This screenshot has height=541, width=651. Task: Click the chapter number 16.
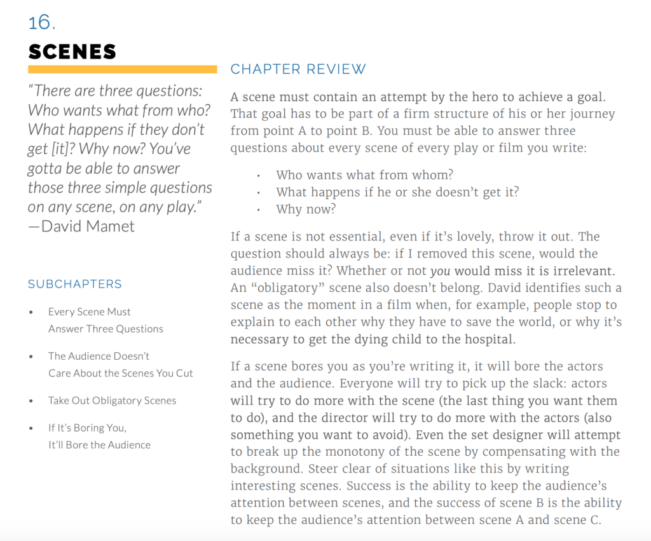42,22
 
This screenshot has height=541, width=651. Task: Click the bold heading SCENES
72,51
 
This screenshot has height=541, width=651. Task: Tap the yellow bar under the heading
123,69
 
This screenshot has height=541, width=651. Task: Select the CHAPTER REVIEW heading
298,69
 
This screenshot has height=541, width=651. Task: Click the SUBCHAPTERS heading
75,284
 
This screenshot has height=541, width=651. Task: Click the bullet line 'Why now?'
306,209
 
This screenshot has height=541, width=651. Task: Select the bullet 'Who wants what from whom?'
365,175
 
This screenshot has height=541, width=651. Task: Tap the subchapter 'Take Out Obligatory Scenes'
112,401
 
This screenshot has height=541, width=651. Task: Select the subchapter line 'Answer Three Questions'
106,329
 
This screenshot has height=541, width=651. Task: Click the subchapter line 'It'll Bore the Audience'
99,445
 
